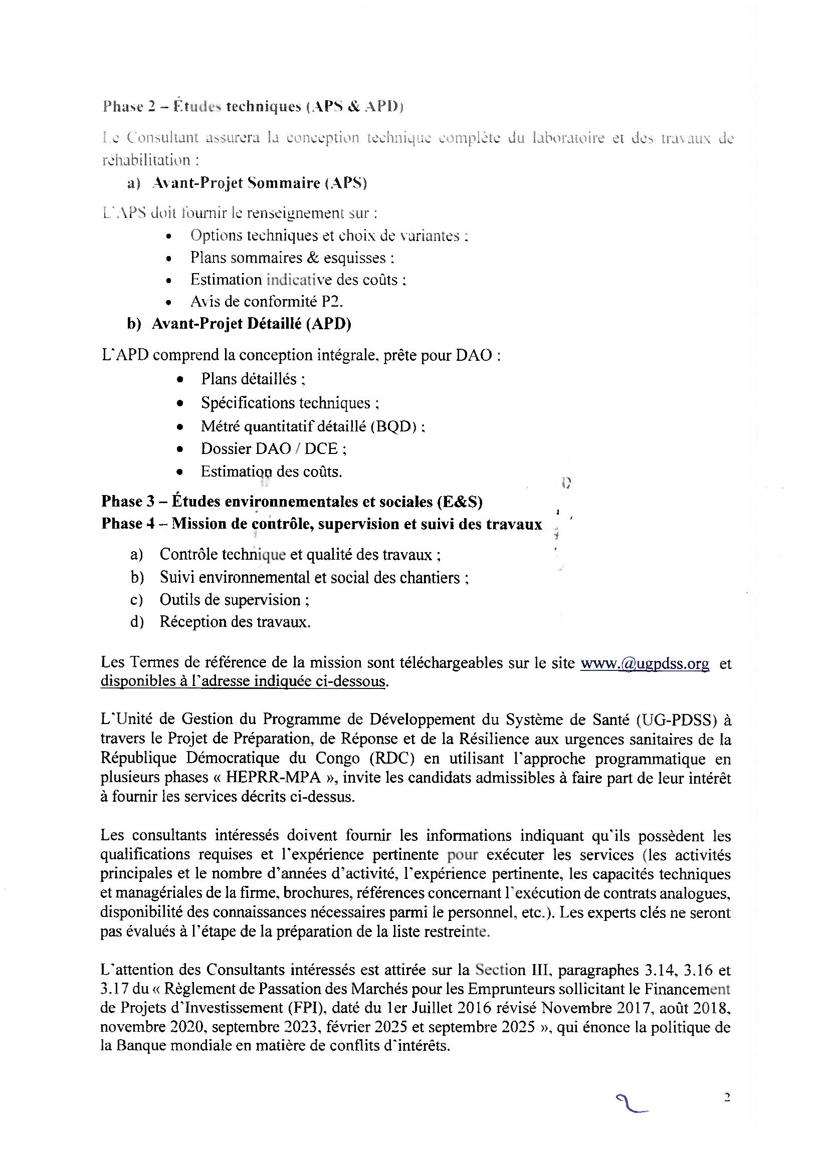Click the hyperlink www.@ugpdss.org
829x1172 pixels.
(644, 663)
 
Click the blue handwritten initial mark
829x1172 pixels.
(631, 1103)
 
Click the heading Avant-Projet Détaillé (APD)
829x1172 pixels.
(251, 324)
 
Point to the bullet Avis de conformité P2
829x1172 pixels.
(267, 302)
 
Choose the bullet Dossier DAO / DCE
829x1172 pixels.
(274, 448)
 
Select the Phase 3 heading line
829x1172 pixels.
(292, 501)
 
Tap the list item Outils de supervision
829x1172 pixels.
(234, 599)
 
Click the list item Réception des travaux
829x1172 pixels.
(235, 622)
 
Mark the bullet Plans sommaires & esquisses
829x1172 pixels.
(292, 257)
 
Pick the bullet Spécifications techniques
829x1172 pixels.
(289, 403)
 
